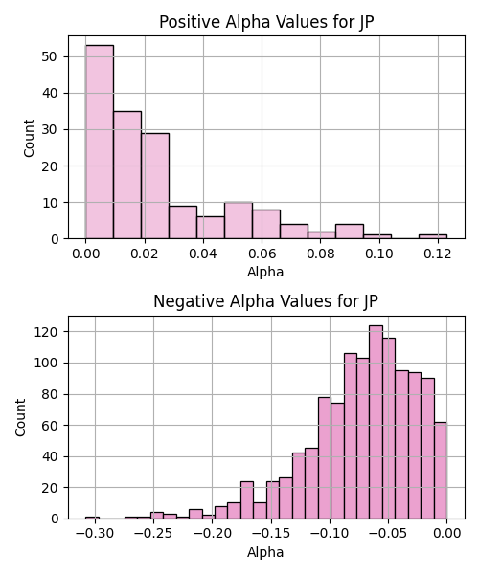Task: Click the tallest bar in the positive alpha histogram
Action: click(x=100, y=142)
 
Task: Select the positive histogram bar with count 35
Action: click(x=127, y=175)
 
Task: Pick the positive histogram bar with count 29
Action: click(x=155, y=186)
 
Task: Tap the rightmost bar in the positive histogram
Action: click(x=433, y=236)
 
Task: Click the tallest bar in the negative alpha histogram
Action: click(x=376, y=422)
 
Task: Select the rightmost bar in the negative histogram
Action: click(x=441, y=471)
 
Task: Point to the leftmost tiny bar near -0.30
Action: click(x=92, y=518)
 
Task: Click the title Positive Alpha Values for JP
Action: click(x=266, y=22)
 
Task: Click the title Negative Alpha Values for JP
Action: click(x=265, y=301)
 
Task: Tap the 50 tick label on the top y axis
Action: click(x=50, y=57)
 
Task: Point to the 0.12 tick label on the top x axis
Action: click(x=438, y=254)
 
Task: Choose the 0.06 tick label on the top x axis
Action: click(x=262, y=254)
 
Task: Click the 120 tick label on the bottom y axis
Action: click(x=47, y=332)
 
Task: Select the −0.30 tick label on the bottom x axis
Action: click(x=95, y=534)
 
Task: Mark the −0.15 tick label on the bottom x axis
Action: click(x=271, y=534)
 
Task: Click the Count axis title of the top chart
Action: click(x=29, y=138)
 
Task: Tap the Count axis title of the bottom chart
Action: click(x=20, y=418)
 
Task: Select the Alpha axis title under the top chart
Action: click(x=265, y=272)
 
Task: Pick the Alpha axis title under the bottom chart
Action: click(x=265, y=552)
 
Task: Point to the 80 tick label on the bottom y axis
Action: click(x=51, y=394)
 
